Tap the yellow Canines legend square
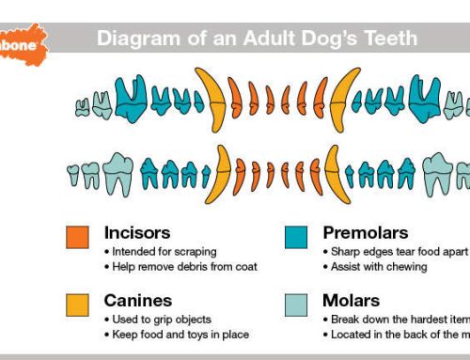tap(78, 305)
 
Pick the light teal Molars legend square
tap(297, 305)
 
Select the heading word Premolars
tap(365, 231)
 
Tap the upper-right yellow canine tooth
tap(339, 99)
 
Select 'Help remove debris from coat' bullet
tap(179, 266)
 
